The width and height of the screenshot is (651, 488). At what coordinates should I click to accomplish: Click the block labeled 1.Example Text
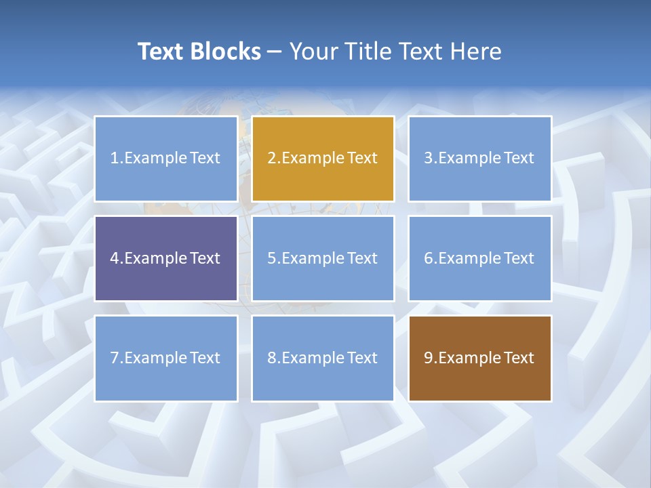pyautogui.click(x=165, y=159)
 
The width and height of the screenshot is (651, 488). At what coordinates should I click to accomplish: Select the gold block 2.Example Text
pyautogui.click(x=323, y=159)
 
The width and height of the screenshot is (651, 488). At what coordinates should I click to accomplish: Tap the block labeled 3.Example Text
pyautogui.click(x=479, y=159)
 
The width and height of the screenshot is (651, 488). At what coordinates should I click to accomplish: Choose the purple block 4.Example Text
pyautogui.click(x=165, y=258)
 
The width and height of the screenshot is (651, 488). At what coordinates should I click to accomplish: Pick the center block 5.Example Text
pyautogui.click(x=323, y=258)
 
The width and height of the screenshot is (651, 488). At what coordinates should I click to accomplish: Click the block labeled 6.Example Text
pyautogui.click(x=479, y=258)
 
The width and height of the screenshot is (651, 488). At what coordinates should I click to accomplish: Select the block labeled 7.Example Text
pyautogui.click(x=165, y=358)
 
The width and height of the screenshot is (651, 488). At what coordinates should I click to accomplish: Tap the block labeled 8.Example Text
pyautogui.click(x=323, y=358)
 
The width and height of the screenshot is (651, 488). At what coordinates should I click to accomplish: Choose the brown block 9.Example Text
pyautogui.click(x=479, y=358)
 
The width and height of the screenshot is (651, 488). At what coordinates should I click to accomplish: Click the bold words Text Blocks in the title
pyautogui.click(x=199, y=52)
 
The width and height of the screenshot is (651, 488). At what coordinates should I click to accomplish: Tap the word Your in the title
pyautogui.click(x=314, y=52)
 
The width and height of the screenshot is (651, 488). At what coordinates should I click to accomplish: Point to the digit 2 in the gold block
pyautogui.click(x=272, y=159)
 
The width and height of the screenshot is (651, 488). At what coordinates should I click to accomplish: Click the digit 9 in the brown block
pyautogui.click(x=429, y=358)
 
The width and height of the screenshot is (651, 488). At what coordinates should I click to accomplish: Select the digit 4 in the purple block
pyautogui.click(x=115, y=258)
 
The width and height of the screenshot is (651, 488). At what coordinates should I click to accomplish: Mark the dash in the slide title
pyautogui.click(x=275, y=52)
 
